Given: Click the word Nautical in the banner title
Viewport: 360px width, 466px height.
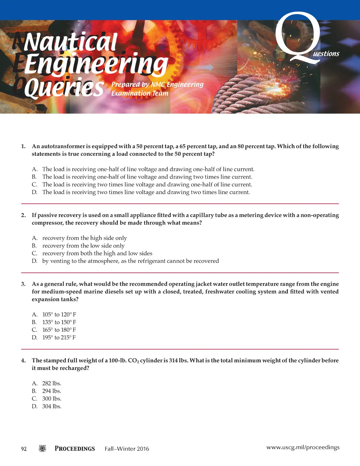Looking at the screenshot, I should coord(70,42).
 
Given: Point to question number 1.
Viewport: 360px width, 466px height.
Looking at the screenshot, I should coord(23,146).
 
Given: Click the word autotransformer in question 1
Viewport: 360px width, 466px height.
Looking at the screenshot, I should coord(63,146).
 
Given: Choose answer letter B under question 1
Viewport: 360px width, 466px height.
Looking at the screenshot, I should coord(34,177).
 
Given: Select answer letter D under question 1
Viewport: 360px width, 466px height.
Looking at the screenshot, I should coord(34,192).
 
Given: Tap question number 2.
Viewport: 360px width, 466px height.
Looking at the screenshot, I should coord(23,215).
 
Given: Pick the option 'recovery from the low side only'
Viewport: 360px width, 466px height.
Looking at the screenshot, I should coord(83,246).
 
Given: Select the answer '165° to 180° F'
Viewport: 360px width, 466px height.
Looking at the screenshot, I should coord(59,330).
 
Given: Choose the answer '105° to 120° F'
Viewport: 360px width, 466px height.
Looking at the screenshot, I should coord(59,314).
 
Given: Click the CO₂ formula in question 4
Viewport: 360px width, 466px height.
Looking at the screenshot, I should coord(133,361).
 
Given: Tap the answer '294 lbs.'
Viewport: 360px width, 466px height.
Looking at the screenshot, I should coord(52,391).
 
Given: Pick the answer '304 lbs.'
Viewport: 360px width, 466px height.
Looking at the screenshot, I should coord(52,407).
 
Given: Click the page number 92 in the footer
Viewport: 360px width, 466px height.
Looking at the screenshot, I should coord(24,449).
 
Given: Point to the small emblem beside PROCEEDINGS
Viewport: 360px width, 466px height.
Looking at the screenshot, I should coord(42,448).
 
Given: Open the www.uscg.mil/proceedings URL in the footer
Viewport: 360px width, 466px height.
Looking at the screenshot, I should coord(303,447).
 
